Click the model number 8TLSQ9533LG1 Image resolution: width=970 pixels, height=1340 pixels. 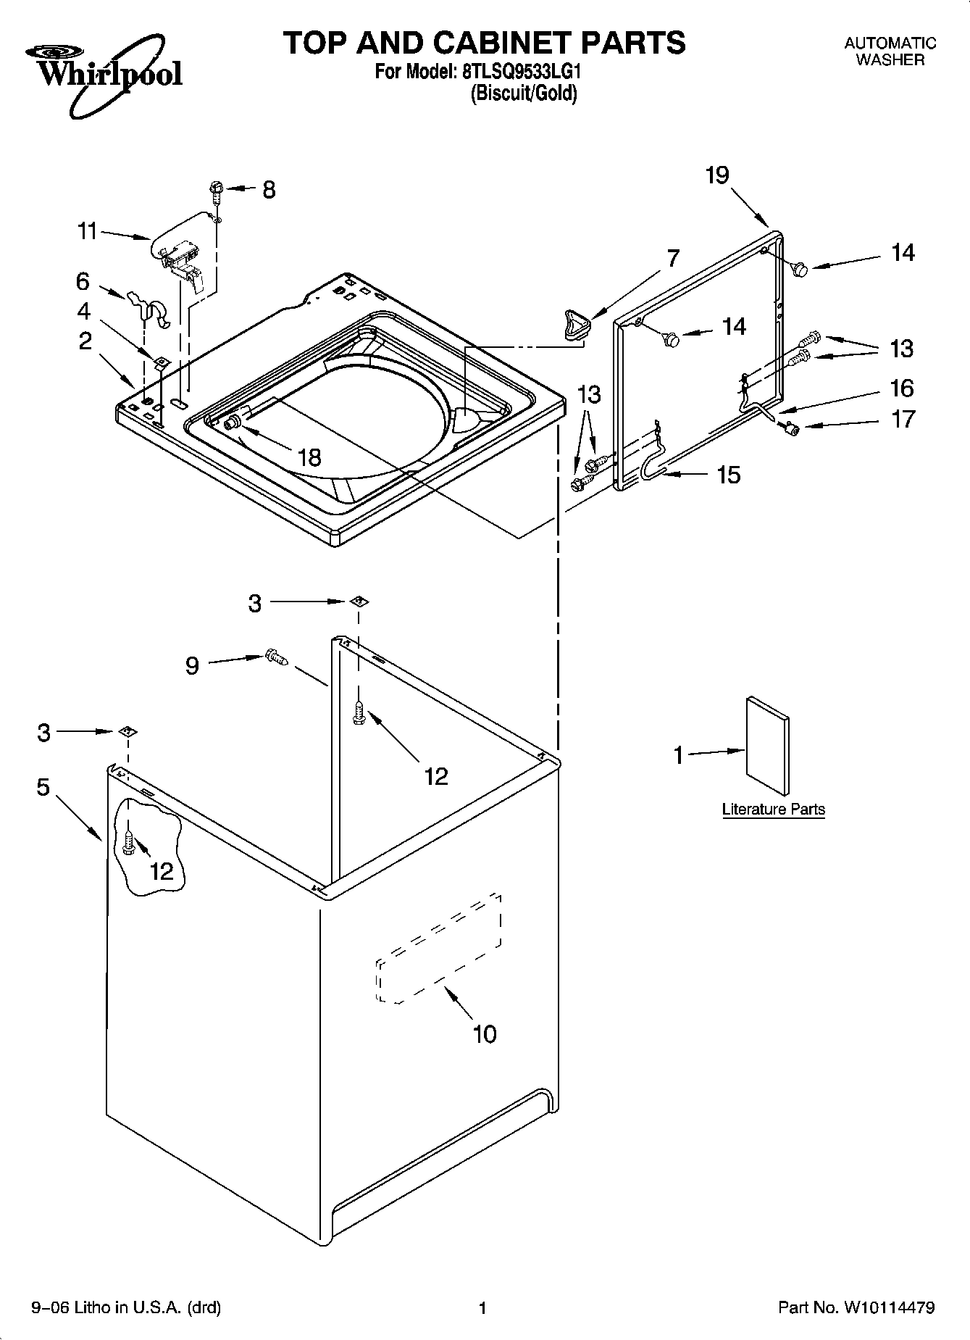coord(520,72)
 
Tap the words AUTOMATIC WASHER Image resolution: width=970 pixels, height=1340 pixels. coord(890,51)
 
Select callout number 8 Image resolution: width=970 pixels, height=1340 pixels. coord(269,190)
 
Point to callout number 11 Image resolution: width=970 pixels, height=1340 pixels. coord(87,231)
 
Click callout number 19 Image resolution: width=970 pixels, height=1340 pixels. coord(717,175)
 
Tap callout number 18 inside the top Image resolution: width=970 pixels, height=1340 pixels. coord(309,457)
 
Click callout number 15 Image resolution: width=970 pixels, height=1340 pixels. coord(728,475)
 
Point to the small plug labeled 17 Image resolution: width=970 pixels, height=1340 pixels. coord(791,429)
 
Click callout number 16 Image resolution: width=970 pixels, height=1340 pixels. coord(902,388)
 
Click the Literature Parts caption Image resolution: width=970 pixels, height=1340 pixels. coord(773,810)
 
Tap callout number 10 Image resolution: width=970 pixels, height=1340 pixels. coord(484,1033)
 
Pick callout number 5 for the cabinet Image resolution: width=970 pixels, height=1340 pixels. coord(43,786)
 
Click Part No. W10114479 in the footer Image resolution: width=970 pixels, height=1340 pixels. coord(856,1308)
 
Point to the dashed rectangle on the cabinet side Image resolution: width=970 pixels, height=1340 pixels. coord(438,948)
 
